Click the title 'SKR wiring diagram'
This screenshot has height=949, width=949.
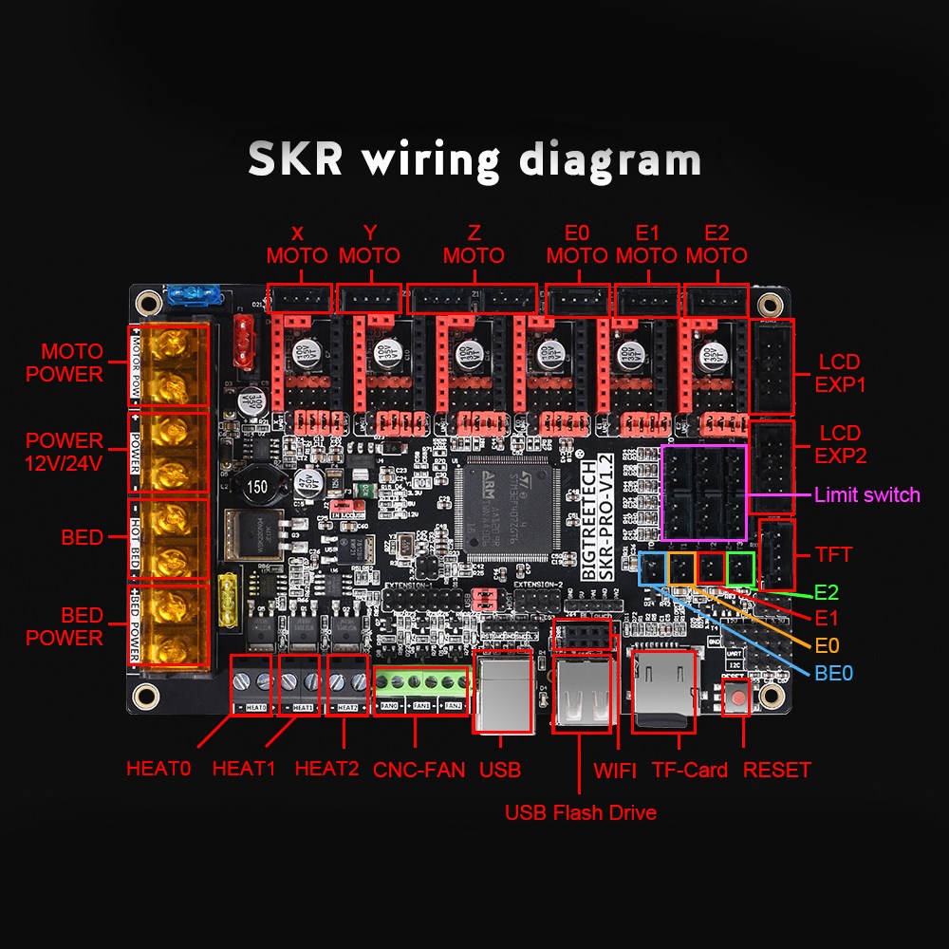474,159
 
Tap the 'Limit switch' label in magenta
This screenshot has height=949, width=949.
866,494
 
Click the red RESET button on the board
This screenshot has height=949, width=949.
736,699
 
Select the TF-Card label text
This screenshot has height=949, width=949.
689,770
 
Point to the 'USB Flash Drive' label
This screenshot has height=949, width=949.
580,812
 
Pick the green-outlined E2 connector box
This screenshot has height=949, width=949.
739,569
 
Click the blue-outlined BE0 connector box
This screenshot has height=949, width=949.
654,569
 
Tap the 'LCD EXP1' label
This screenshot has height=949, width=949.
839,373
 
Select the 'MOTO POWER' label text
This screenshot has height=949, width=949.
65,363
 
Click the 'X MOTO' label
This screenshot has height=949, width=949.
297,245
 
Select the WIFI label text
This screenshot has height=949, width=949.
615,770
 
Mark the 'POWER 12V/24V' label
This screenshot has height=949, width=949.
65,452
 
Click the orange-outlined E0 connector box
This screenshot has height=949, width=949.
682,569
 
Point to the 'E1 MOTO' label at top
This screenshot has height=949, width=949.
646,245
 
